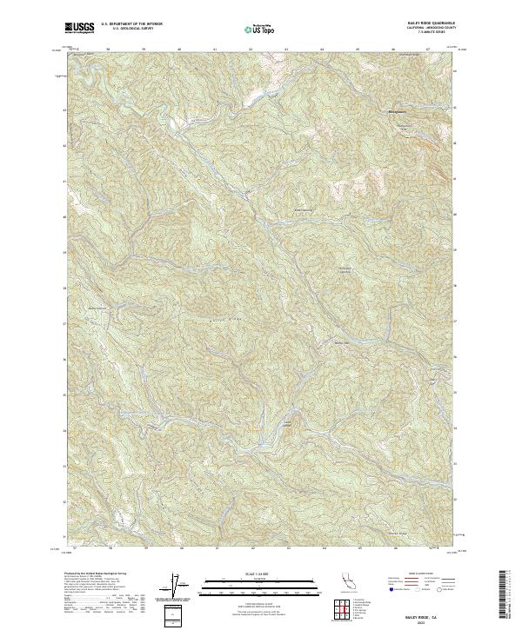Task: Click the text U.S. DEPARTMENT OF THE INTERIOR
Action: point(131,24)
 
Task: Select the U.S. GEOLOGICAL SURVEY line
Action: point(131,29)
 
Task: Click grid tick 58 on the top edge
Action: point(107,50)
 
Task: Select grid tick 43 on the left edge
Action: point(64,110)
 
